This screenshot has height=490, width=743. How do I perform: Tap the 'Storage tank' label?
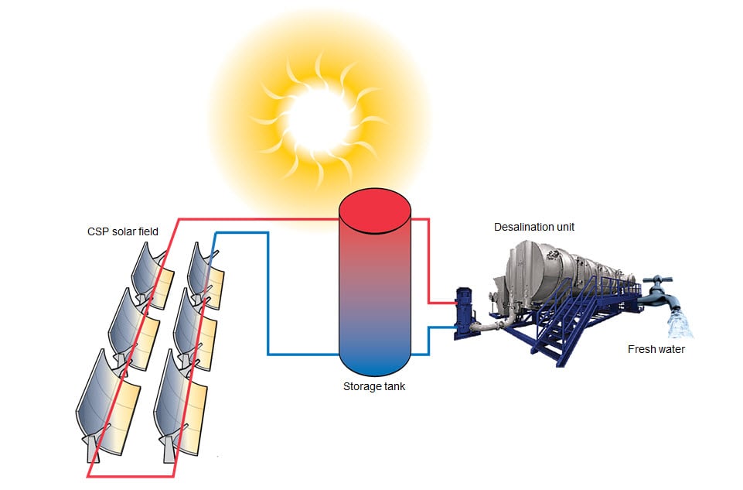tap(374, 386)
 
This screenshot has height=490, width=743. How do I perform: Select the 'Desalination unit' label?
tap(534, 227)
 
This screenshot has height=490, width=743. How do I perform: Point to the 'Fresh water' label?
tap(656, 349)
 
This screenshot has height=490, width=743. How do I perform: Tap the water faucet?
tap(659, 290)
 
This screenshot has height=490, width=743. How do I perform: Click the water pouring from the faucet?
tap(680, 323)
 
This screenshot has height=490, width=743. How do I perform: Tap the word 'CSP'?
tap(97, 231)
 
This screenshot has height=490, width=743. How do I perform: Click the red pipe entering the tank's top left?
tap(263, 219)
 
